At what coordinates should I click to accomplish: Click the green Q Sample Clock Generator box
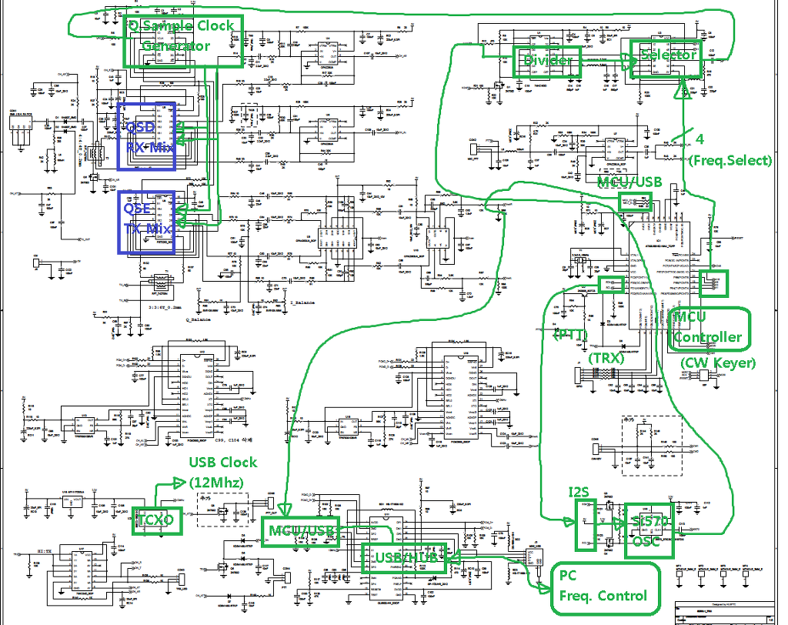[184, 40]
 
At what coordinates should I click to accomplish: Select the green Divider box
[546, 60]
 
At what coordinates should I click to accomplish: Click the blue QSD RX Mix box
[146, 136]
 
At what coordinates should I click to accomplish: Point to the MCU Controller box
[708, 329]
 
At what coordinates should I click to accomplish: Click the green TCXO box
[156, 521]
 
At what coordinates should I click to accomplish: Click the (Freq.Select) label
[730, 160]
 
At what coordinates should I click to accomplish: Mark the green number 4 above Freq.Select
[700, 139]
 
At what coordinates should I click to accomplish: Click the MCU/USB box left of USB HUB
[302, 530]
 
